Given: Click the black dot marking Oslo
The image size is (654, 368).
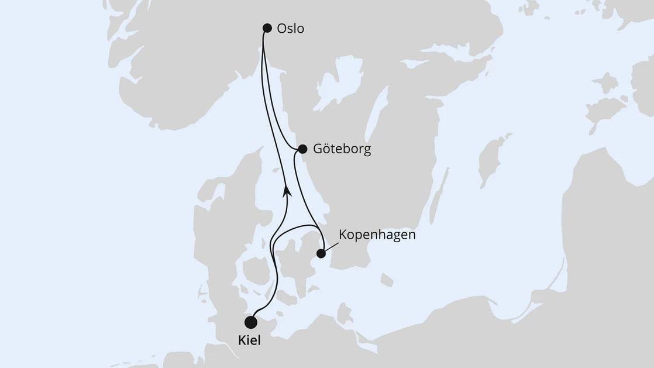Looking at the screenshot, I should click(x=267, y=27).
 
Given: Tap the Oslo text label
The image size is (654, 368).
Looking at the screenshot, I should click(x=291, y=29).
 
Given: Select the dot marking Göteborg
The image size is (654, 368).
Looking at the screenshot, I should click(x=302, y=149).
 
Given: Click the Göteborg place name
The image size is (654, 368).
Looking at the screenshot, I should click(x=342, y=149).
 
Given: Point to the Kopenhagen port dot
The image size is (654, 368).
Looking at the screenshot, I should click(x=321, y=253).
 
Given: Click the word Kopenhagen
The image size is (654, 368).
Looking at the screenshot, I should click(x=377, y=235).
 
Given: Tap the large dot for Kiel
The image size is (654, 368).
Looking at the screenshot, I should click(x=251, y=322).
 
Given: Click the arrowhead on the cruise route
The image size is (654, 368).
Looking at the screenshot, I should click(x=287, y=191).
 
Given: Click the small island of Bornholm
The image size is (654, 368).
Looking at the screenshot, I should click(x=386, y=281).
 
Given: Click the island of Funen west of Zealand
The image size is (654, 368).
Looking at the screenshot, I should click(x=257, y=271).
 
